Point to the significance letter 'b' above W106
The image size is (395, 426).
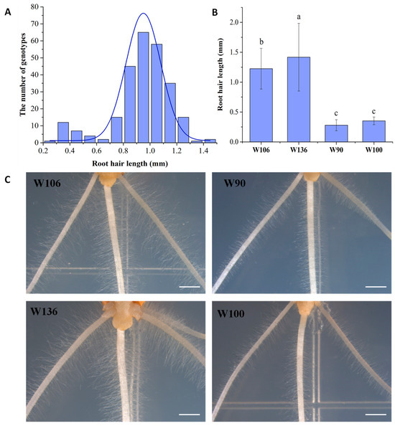coord(266,41)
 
